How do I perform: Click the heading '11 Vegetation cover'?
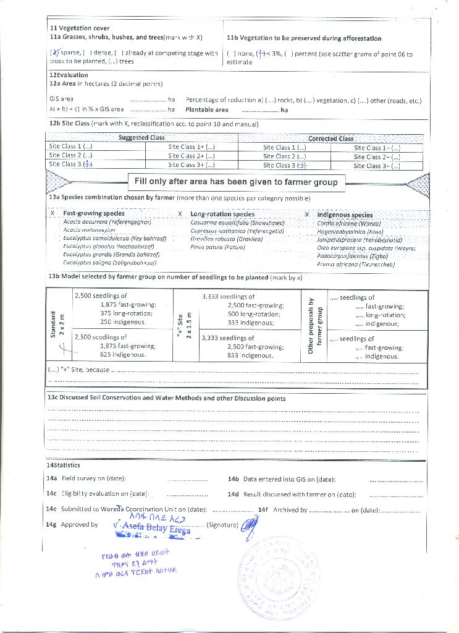tap(80, 28)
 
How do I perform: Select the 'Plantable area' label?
tap(206, 110)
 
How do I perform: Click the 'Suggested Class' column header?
tap(141, 138)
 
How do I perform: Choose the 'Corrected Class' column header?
tap(331, 138)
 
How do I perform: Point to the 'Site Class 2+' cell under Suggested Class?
tap(191, 156)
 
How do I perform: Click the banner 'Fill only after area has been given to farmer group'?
tap(237, 182)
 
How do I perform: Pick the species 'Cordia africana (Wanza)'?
tap(348, 223)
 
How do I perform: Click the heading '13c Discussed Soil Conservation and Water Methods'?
tap(166, 399)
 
